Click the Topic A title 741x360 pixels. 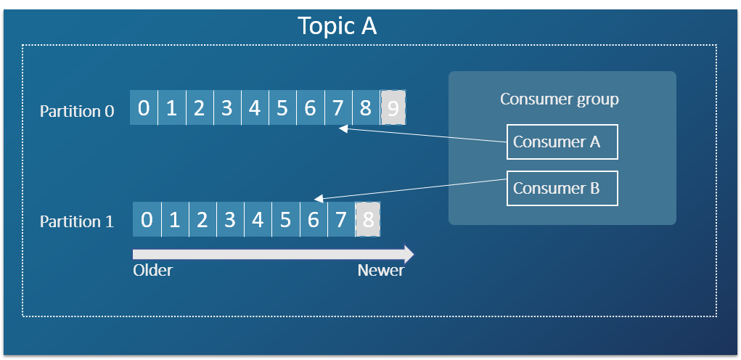click(x=337, y=26)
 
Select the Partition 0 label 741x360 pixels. click(x=78, y=111)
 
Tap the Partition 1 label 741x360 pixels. click(x=77, y=221)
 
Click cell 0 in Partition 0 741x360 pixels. click(x=144, y=108)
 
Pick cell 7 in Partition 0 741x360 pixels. click(x=337, y=108)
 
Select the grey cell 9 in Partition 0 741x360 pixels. click(x=393, y=108)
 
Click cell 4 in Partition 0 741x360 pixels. click(x=255, y=108)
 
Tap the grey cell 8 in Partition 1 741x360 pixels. click(x=368, y=219)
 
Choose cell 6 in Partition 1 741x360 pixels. click(x=313, y=219)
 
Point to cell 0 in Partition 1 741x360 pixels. click(x=147, y=219)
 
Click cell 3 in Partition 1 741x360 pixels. click(x=230, y=219)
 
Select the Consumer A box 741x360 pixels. click(x=562, y=142)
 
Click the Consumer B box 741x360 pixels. click(x=562, y=188)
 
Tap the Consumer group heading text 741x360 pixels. click(x=560, y=99)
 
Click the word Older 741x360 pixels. click(x=153, y=271)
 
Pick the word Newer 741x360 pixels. click(x=381, y=271)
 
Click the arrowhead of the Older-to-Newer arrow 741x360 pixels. click(x=409, y=254)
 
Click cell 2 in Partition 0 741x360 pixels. click(x=199, y=108)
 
